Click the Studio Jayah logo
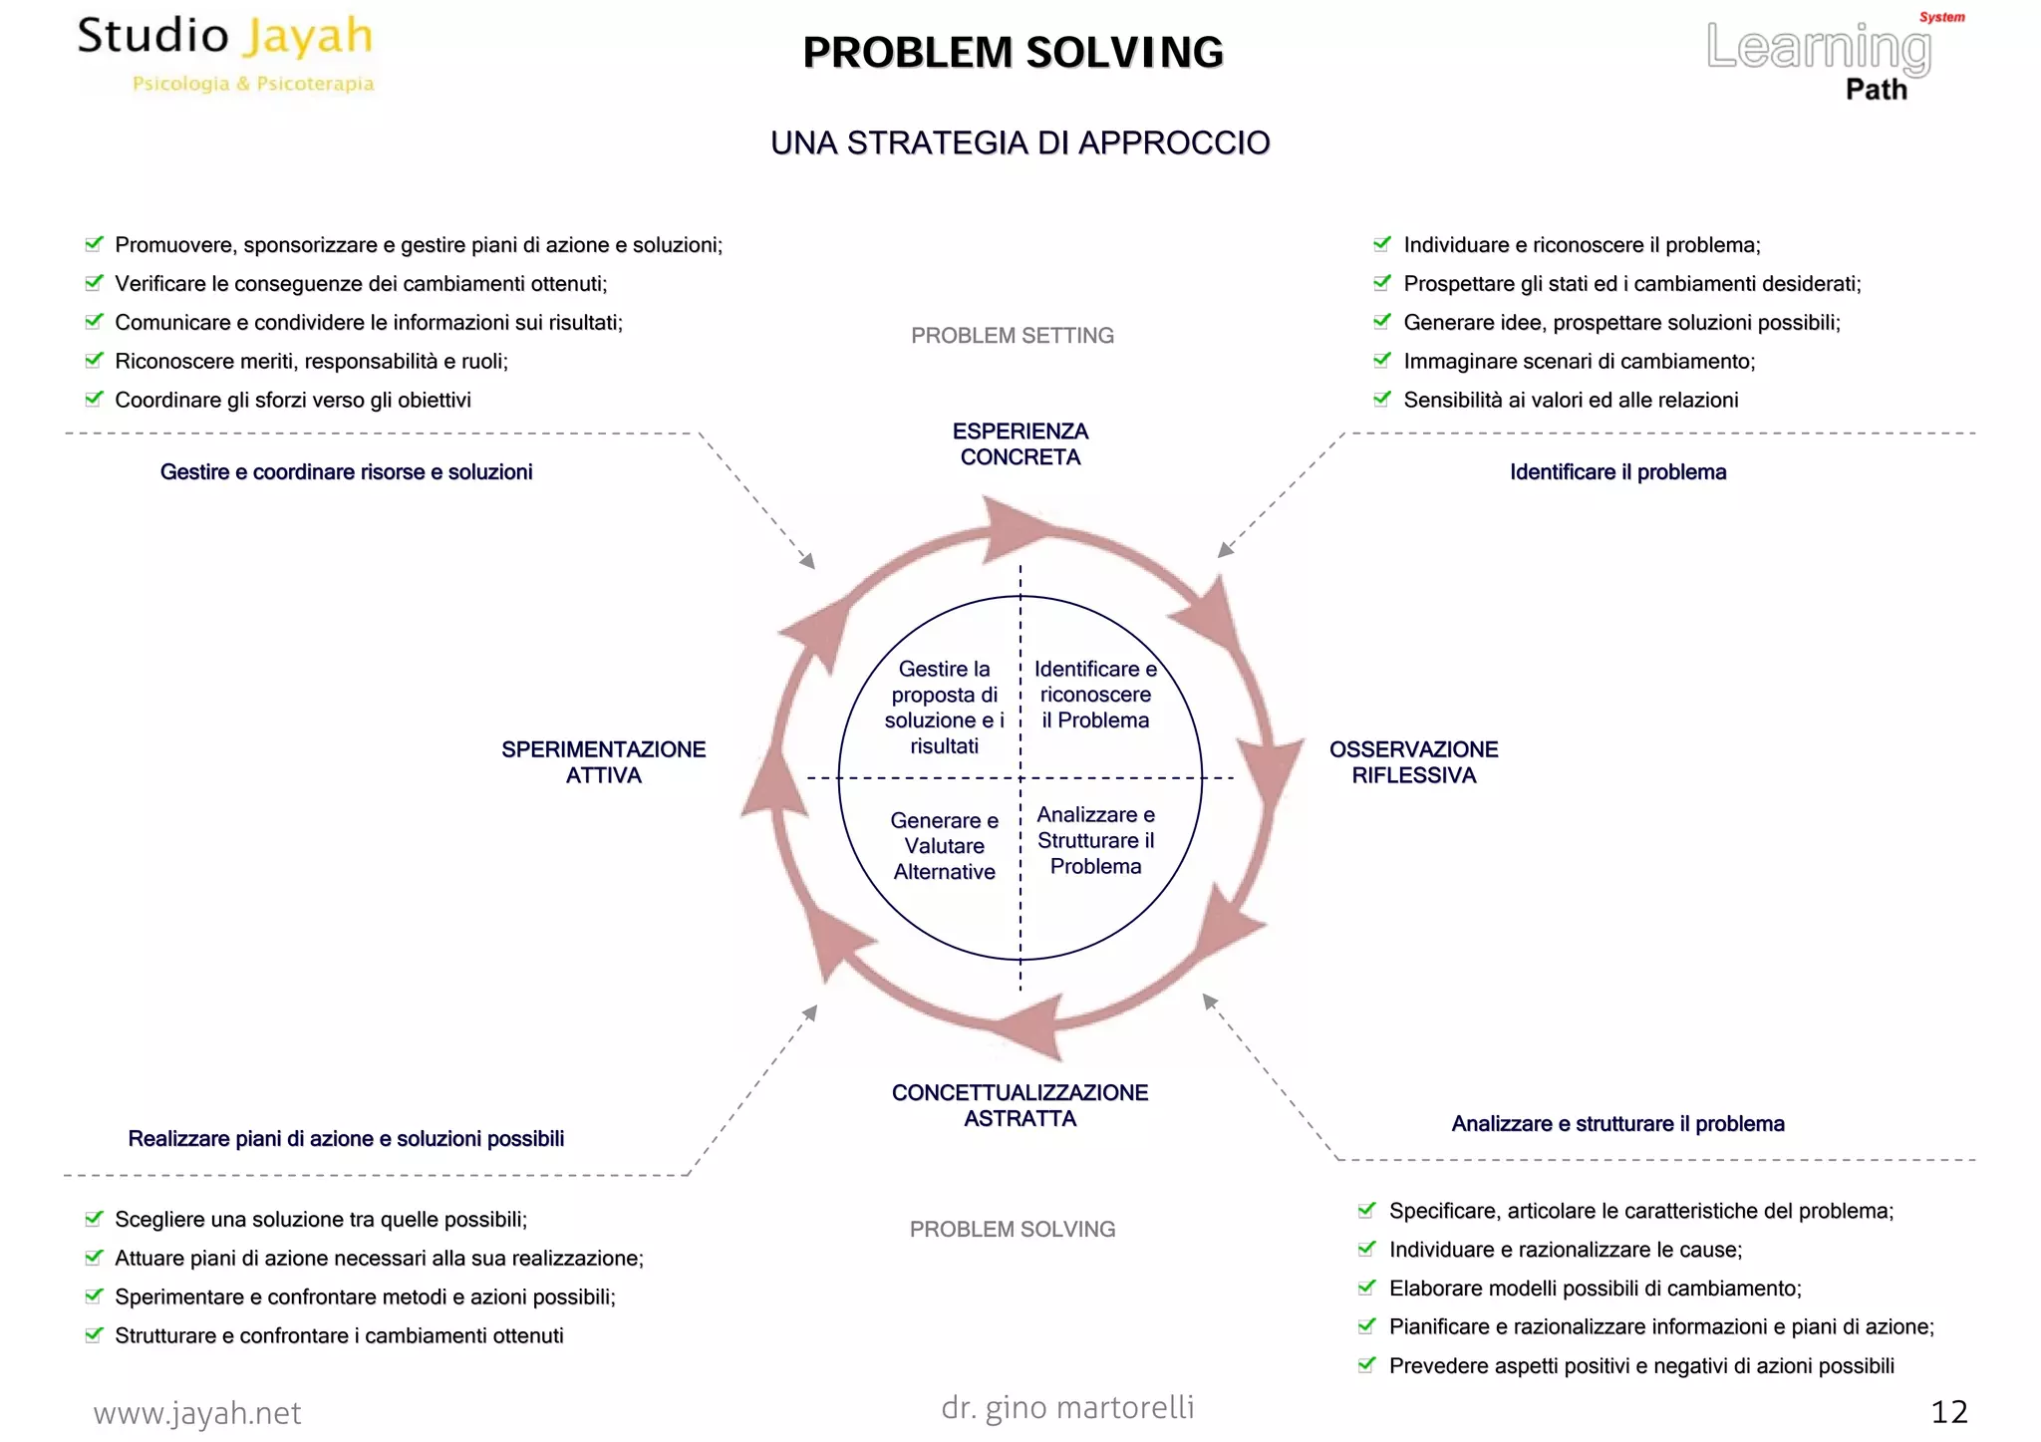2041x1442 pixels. tap(226, 52)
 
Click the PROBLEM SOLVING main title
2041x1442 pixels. tap(1013, 53)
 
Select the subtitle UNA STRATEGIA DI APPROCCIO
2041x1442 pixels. tap(1020, 144)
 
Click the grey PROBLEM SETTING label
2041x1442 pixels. tap(1012, 336)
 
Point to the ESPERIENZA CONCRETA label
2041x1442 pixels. tap(1020, 444)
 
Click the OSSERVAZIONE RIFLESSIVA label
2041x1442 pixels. tap(1413, 762)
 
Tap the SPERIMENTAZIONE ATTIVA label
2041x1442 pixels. tap(603, 762)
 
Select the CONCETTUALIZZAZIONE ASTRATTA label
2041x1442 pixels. tap(1020, 1105)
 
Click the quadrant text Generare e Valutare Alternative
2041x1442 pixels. tap(944, 846)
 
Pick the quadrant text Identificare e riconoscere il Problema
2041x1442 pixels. tap(1095, 695)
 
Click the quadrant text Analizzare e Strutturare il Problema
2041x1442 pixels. tap(1095, 840)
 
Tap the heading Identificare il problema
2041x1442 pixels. tap(1617, 472)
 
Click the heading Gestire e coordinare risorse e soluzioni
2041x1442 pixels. tap(346, 472)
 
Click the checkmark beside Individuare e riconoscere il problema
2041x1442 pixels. tap(1382, 244)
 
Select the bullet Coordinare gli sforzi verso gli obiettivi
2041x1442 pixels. tap(292, 401)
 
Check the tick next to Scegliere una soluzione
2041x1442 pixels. tap(94, 1219)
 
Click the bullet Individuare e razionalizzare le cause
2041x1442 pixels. tap(1565, 1250)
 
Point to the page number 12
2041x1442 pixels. tap(1948, 1412)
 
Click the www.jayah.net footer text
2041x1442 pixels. tap(197, 1413)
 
